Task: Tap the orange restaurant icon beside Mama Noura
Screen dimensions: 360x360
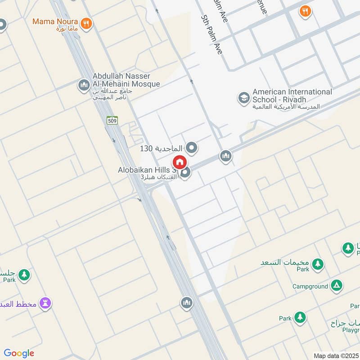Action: pos(86,23)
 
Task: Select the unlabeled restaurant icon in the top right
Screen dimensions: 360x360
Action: pos(306,12)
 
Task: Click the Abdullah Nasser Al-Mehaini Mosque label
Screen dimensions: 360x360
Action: pos(126,80)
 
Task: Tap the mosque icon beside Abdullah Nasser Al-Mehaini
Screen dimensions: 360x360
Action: pos(84,85)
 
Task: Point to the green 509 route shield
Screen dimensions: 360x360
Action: pos(112,120)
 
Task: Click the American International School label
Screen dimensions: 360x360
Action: pos(292,95)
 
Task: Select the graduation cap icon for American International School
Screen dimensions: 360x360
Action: pos(244,98)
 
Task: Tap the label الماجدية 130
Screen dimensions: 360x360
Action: pos(161,148)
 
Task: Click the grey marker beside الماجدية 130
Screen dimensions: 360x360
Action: pos(192,147)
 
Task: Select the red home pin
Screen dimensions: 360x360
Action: pos(179,162)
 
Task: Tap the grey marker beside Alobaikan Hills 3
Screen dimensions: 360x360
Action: pos(184,172)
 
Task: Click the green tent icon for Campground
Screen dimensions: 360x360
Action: pos(336,285)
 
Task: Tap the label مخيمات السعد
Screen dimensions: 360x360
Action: pos(285,262)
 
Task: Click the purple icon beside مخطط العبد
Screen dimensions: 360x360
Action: pos(45,303)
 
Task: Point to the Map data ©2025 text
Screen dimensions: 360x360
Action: pos(335,355)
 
